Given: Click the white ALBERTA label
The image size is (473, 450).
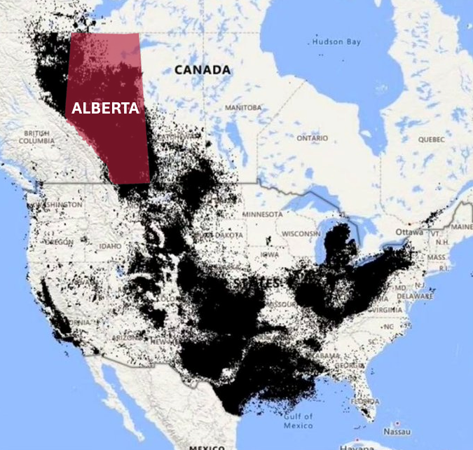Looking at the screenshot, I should (105, 109).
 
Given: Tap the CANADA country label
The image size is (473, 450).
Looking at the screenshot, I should (203, 70).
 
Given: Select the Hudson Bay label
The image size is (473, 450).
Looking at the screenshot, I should (336, 42).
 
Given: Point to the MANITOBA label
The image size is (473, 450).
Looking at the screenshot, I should (243, 107).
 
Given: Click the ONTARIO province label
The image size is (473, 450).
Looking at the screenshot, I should (312, 138).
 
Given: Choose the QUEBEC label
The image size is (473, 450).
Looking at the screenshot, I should (432, 139).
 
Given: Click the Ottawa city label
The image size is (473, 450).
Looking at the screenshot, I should (405, 232).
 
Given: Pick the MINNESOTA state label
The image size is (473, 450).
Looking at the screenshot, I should (262, 213).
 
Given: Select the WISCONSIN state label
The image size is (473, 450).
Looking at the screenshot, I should (301, 233).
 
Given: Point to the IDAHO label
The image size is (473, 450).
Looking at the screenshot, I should (110, 246).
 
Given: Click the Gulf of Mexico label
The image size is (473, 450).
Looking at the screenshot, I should (298, 421).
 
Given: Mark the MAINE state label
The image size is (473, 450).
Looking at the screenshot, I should (462, 226).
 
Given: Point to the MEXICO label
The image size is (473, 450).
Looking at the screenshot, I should (207, 446).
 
